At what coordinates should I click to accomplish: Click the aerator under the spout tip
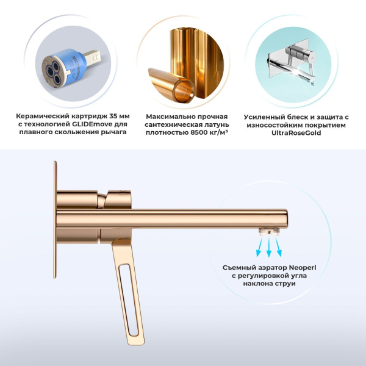pyautogui.click(x=268, y=230)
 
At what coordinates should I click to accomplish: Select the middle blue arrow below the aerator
pyautogui.click(x=268, y=247)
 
